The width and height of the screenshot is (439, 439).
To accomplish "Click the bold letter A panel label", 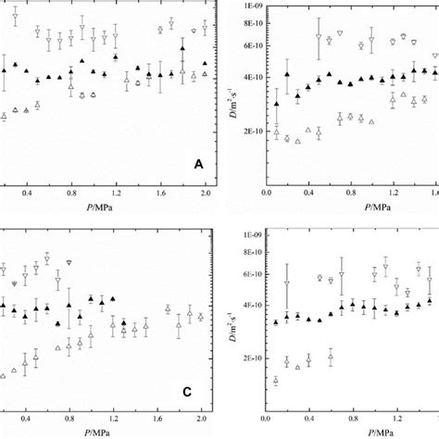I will [198, 164].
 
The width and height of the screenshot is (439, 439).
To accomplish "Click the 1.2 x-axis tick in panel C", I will [116, 420].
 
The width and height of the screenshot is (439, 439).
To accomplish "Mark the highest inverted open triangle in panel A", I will [15, 17].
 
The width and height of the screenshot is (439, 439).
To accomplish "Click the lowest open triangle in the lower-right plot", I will [276, 381].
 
